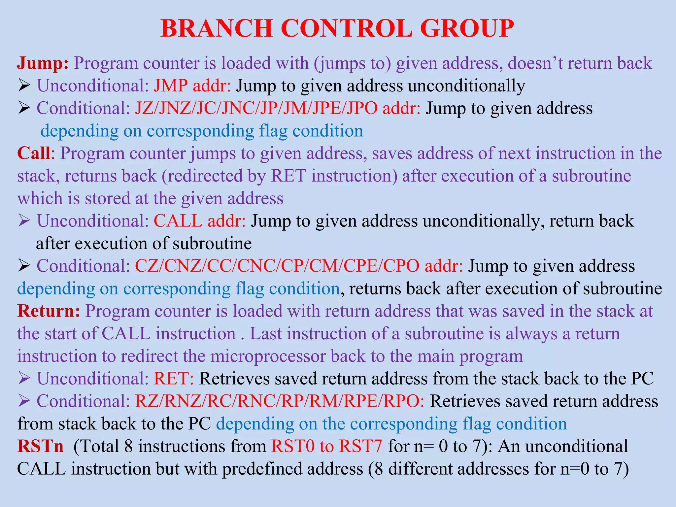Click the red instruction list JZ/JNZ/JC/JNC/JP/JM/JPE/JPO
pos(256,108)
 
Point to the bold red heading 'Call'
pos(34,153)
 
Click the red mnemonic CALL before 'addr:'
pos(178,221)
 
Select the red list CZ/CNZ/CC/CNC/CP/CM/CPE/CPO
pos(277,266)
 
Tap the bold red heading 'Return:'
pos(49,311)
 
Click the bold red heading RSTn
pos(40,446)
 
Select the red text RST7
pos(360,446)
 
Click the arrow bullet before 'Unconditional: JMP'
pos(24,86)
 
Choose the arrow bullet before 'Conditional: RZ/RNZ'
pos(24,401)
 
